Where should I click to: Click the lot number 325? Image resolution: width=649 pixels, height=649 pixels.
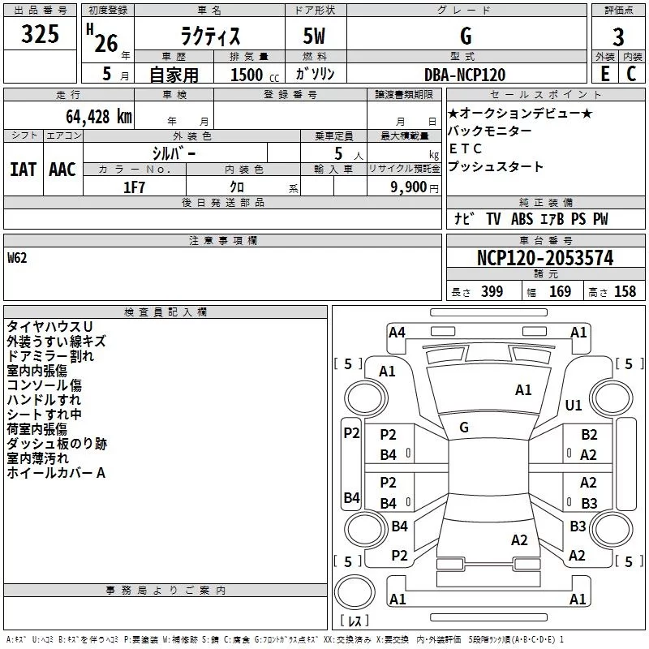[40, 34]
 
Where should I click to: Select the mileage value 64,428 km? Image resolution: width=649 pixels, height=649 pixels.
[99, 117]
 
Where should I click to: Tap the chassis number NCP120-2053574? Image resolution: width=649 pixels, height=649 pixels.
[545, 258]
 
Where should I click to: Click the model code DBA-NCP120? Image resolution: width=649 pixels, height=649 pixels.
[465, 75]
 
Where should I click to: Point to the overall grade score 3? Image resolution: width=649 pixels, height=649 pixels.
[618, 37]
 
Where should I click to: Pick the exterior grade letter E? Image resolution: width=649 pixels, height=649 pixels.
[605, 74]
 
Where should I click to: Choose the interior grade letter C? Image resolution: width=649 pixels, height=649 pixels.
[631, 74]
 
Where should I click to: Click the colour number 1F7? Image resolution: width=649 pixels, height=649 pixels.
[134, 187]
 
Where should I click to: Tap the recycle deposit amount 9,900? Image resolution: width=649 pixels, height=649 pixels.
[409, 187]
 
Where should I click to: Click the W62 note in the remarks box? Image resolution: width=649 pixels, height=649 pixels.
[17, 258]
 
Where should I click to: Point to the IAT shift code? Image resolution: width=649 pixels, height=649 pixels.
[24, 170]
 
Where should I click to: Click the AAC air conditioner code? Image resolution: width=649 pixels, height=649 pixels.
[62, 170]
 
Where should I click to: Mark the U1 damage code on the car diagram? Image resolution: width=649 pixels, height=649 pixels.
[574, 405]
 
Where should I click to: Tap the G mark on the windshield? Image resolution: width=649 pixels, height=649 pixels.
[464, 428]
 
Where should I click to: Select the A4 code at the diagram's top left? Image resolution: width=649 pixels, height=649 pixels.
[397, 333]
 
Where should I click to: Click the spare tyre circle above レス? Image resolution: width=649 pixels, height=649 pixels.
[355, 591]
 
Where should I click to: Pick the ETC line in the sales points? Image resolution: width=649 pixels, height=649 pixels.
[466, 148]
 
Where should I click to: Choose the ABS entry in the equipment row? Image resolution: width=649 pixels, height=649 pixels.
[522, 219]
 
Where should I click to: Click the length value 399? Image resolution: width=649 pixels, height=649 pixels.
[492, 292]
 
